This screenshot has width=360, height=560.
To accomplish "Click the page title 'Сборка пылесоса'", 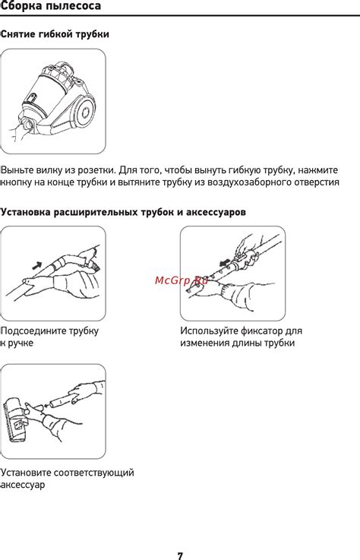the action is pyautogui.click(x=51, y=6).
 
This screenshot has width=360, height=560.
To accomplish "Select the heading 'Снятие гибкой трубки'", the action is pyautogui.click(x=55, y=34).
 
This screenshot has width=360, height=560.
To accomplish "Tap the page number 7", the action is pyautogui.click(x=180, y=555).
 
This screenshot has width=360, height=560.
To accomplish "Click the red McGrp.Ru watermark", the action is pyautogui.click(x=182, y=280).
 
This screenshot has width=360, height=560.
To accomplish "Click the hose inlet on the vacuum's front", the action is pyautogui.click(x=28, y=125).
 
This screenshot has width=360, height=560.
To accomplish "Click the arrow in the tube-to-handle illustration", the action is pyautogui.click(x=36, y=265).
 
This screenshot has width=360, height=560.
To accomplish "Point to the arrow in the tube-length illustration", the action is pyautogui.click(x=225, y=263).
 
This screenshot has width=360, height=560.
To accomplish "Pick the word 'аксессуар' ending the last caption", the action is pyautogui.click(x=24, y=485).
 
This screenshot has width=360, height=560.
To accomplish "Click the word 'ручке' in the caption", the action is pyautogui.click(x=21, y=343).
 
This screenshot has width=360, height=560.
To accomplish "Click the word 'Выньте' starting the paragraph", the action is pyautogui.click(x=17, y=170).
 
